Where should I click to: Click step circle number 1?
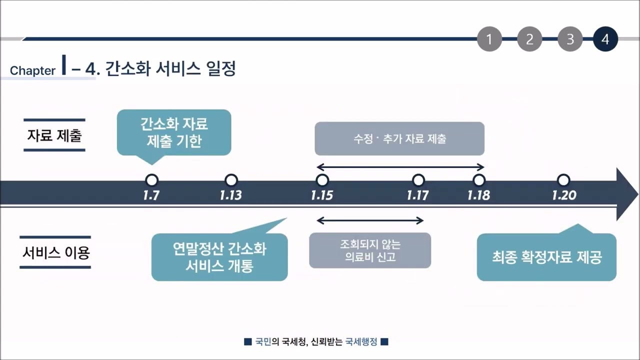(x=489, y=39)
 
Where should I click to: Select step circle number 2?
(x=529, y=39)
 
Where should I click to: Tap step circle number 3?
(x=570, y=39)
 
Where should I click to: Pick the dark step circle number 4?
(x=605, y=39)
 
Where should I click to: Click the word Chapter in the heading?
(x=32, y=71)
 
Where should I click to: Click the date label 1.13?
(x=230, y=195)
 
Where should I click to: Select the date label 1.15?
(x=322, y=195)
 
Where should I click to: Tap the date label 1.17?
(x=418, y=195)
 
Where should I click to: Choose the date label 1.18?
(x=478, y=195)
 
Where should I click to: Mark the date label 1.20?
(x=564, y=195)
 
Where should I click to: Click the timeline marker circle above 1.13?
(x=231, y=180)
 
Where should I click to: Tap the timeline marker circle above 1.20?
(x=563, y=180)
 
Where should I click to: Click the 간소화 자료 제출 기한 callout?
(x=174, y=132)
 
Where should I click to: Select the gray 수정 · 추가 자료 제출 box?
(x=399, y=138)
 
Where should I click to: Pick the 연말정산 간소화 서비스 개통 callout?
(x=219, y=257)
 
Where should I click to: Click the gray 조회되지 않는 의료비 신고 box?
(x=370, y=250)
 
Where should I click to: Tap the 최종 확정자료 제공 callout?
(x=546, y=257)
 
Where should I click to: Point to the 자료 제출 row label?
(x=54, y=135)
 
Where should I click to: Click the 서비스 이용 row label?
(x=55, y=252)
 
